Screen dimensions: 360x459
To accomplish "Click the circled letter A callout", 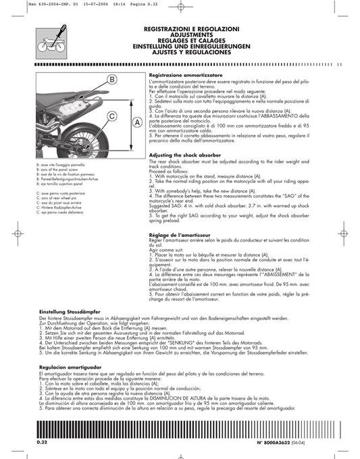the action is point(136,123).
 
